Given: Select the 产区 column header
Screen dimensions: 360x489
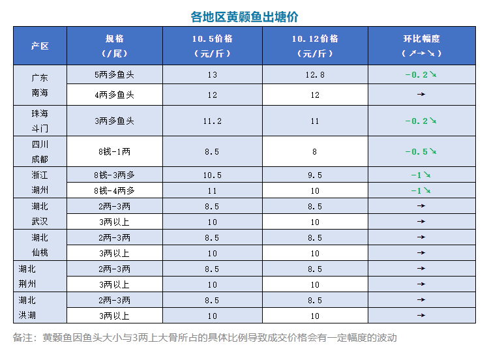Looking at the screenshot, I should tap(40, 46).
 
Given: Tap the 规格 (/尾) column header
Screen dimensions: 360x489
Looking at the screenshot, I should tap(114, 46).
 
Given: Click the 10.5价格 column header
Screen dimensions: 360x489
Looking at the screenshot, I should tap(213, 46).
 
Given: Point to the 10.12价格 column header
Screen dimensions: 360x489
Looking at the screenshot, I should tap(315, 46).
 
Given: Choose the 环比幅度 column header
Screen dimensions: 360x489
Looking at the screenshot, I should tap(422, 46).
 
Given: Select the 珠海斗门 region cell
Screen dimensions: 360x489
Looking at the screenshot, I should tap(40, 121).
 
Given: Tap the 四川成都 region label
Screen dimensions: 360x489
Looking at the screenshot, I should tap(40, 151).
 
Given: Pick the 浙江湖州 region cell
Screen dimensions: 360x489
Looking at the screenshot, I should tap(40, 183).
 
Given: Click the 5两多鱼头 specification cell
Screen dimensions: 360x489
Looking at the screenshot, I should tap(114, 75).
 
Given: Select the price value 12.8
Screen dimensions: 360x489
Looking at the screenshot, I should tap(315, 75).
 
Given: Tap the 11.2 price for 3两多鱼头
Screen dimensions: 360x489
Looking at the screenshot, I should tap(213, 121).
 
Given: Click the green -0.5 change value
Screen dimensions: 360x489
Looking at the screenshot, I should tap(417, 151).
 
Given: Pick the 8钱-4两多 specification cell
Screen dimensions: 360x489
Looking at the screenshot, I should tap(114, 190).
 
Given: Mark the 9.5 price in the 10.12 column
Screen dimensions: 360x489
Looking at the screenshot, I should tap(315, 175).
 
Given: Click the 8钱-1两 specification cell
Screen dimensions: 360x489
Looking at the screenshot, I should tap(114, 151).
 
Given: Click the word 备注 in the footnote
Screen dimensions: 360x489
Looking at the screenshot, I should tap(23, 338).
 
